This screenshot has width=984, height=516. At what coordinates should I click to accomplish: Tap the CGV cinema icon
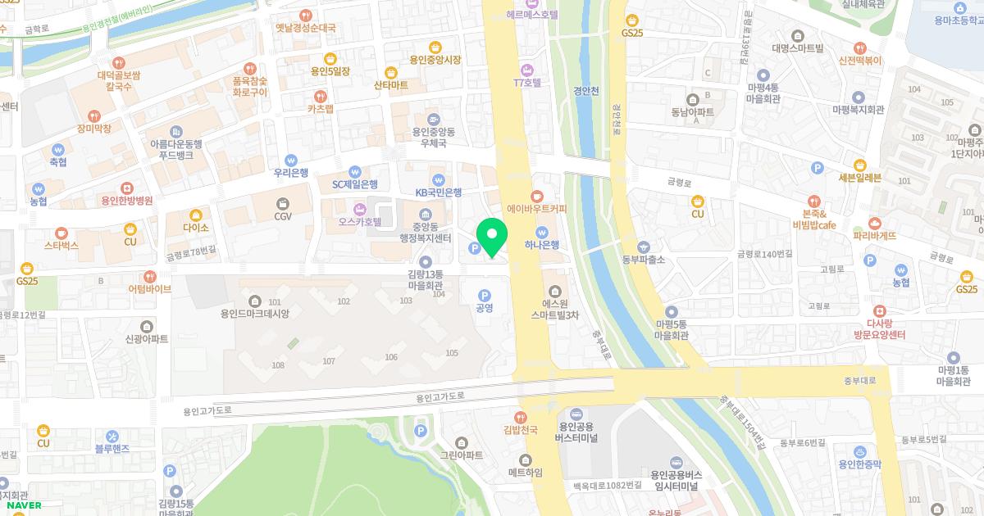(x=283, y=202)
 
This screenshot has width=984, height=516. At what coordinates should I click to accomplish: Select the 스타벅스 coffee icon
(x=61, y=233)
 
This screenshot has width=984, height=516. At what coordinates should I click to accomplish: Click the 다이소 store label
(x=196, y=228)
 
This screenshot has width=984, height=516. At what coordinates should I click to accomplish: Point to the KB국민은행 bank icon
(x=439, y=180)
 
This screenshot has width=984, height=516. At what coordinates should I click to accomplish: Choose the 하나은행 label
(x=542, y=244)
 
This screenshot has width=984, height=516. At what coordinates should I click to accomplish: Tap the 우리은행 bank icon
(x=291, y=160)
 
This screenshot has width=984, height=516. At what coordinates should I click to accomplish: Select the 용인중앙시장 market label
(x=435, y=60)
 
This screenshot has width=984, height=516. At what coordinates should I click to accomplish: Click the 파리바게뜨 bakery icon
(x=875, y=223)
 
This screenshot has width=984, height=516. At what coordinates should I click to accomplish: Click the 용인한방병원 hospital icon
(x=126, y=188)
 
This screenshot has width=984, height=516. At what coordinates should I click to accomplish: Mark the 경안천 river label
(x=587, y=91)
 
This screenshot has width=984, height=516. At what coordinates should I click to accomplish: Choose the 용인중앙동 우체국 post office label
(x=432, y=137)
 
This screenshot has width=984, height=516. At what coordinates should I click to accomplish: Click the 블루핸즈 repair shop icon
(x=112, y=449)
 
